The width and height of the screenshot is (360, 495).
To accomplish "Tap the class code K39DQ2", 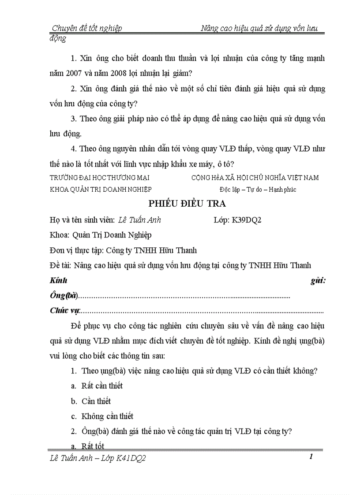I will tap(247, 220).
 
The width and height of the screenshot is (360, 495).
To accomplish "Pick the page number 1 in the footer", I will tap(311, 457).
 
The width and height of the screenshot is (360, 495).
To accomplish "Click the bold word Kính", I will tap(58, 280).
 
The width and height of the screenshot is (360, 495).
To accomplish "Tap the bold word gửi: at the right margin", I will tap(317, 280).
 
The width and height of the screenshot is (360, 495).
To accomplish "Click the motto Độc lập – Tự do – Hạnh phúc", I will tap(258, 190).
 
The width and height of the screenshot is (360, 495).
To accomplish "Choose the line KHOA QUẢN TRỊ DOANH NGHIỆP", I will tap(101, 190).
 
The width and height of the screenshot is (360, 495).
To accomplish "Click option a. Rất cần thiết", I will tap(97, 386).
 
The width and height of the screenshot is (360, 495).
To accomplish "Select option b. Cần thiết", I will tap(90, 401).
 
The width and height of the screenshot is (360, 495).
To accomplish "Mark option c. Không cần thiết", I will tap(102, 416).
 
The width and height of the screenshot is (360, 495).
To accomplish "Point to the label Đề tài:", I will tap(61, 265).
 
